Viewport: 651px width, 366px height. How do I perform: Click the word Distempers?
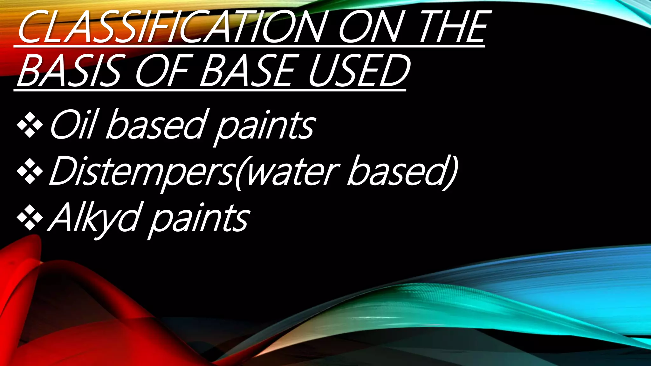coord(142,172)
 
